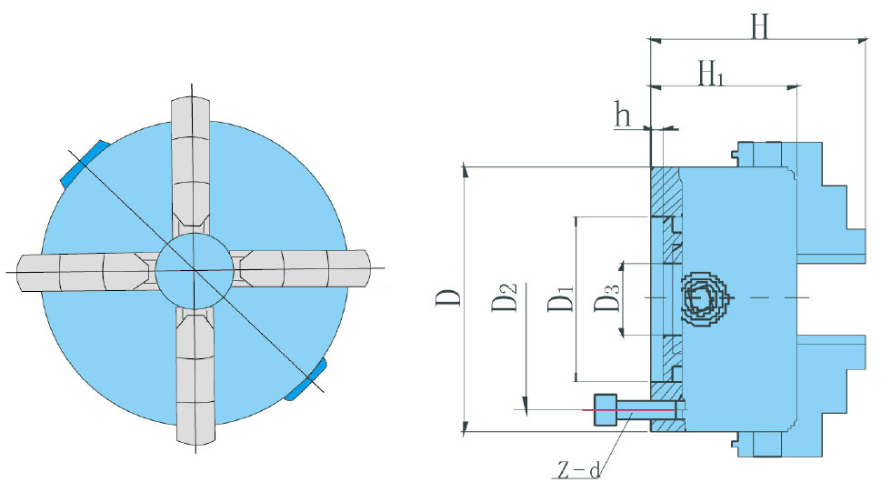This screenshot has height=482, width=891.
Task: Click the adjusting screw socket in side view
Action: click(x=703, y=298)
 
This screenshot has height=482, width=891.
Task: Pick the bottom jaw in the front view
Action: click(x=194, y=382)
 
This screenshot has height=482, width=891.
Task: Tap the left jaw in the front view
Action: click(x=82, y=270)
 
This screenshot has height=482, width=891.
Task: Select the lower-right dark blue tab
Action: click(x=307, y=378)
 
